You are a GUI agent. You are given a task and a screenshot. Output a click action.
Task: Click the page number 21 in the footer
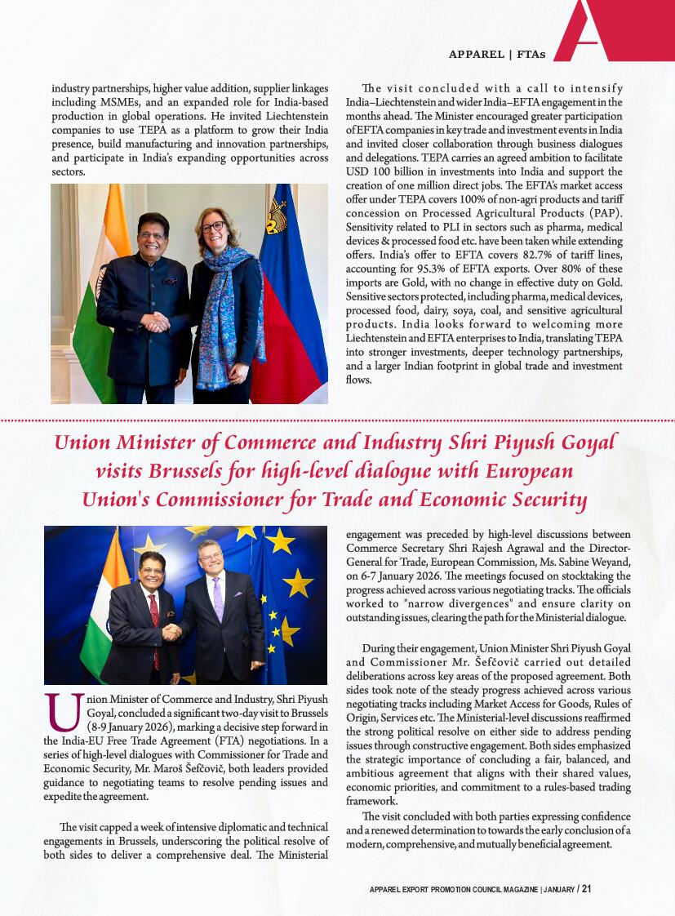(x=586, y=889)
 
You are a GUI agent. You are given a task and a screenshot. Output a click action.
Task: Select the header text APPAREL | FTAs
(x=496, y=55)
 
